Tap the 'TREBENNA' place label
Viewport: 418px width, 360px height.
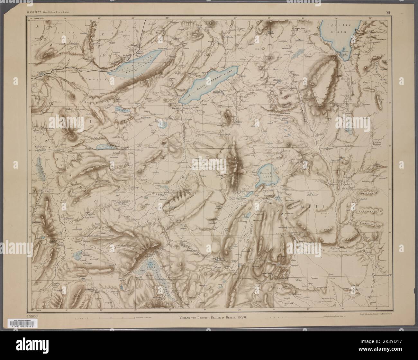pyautogui.click(x=298, y=302)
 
